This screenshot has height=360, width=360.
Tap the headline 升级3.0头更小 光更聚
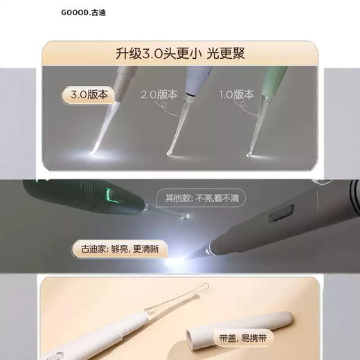[x=180, y=53]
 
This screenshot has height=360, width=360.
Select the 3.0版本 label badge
[x=87, y=94]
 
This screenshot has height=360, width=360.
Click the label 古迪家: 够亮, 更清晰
[x=114, y=248]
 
